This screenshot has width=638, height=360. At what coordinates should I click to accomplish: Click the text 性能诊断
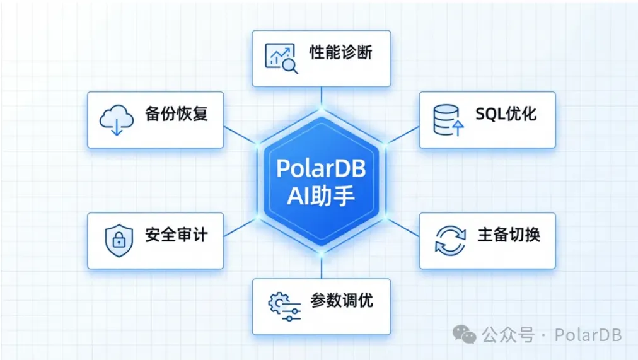[x=341, y=52]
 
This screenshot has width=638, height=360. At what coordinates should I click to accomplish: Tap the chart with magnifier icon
[x=281, y=58]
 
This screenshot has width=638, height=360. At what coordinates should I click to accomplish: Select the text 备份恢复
[x=176, y=113]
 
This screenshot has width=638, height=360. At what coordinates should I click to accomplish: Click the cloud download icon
[x=117, y=120]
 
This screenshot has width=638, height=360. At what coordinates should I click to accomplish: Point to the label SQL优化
[x=506, y=114]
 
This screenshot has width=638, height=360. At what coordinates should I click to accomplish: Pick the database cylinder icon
[x=448, y=120]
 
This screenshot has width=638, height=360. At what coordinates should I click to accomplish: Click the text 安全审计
[x=176, y=235]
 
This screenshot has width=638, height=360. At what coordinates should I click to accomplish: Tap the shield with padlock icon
[x=119, y=240]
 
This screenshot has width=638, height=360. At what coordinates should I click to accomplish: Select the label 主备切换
[x=509, y=235]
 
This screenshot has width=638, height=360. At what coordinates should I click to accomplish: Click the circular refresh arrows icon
[x=450, y=241]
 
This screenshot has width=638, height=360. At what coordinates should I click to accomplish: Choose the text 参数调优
[x=342, y=301]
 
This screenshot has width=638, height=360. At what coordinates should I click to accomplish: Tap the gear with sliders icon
[x=284, y=306]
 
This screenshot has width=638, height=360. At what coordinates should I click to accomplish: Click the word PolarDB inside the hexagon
[x=321, y=168]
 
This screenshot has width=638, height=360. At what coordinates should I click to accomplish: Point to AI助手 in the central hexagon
[x=321, y=196]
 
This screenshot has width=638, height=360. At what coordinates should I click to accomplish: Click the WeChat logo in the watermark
[x=464, y=334]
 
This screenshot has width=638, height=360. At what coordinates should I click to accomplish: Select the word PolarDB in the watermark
[x=588, y=335]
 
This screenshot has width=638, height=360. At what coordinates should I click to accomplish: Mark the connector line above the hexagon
[x=322, y=98]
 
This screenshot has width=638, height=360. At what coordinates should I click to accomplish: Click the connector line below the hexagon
[x=322, y=267]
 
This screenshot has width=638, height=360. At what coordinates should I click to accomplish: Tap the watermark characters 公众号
[x=507, y=335]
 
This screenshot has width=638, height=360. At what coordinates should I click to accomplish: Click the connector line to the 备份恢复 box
[x=240, y=136]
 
